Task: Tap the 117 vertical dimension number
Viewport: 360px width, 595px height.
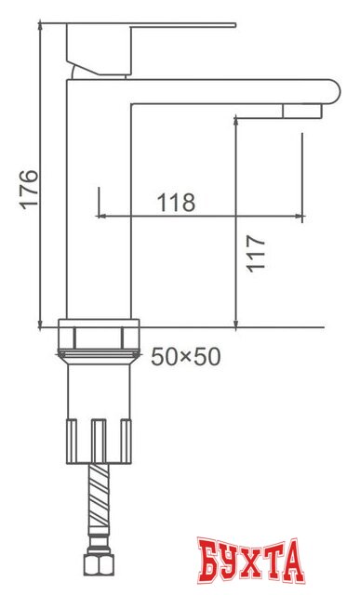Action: [258, 252]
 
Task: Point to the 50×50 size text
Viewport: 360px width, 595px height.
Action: [186, 357]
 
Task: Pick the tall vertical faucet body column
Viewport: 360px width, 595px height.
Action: [100, 205]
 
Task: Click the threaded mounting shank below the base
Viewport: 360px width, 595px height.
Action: [99, 386]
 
